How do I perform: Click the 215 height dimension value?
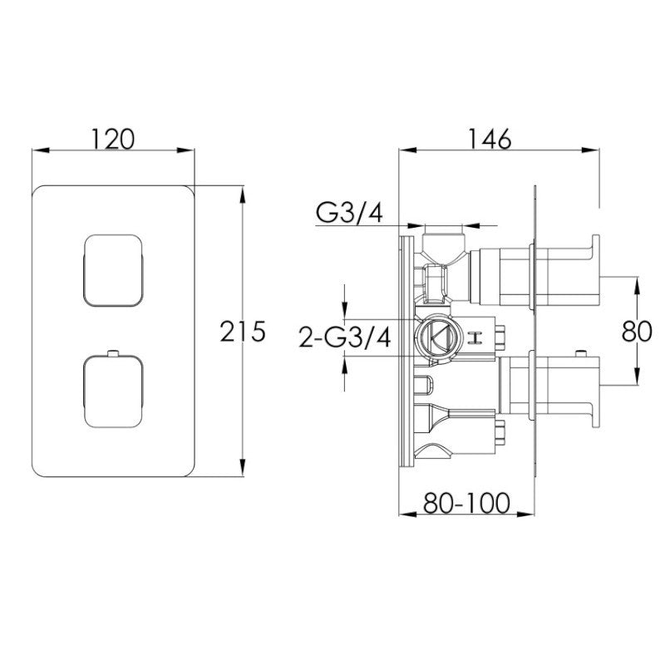[243, 332]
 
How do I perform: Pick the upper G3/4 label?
[348, 214]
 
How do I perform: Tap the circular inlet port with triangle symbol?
[435, 337]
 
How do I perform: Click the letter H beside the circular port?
[477, 337]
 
